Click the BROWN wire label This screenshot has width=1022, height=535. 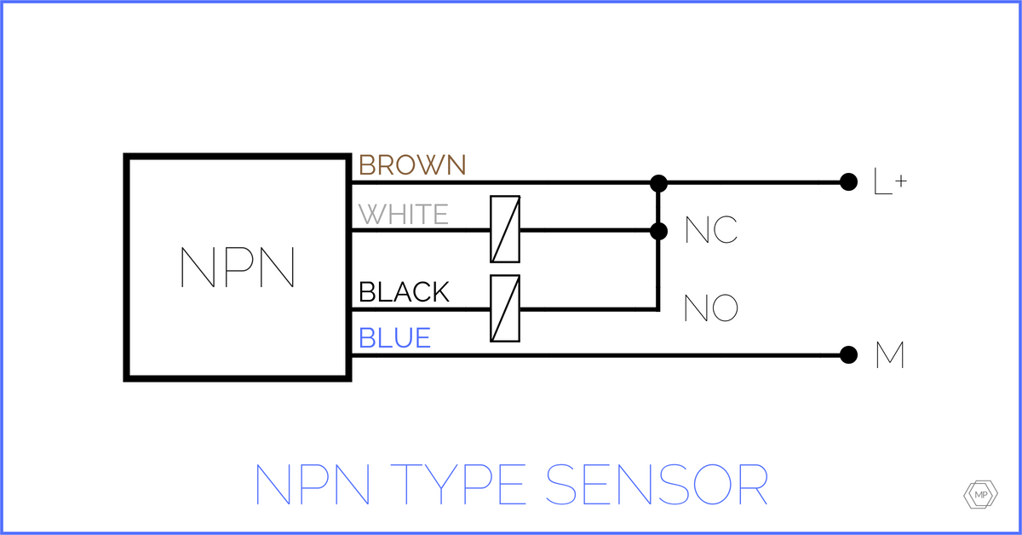[x=412, y=164]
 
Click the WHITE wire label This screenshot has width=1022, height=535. [x=404, y=214]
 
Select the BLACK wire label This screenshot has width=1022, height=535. [x=404, y=292]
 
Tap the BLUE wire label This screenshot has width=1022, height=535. [x=394, y=338]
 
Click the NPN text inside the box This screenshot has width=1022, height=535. [x=238, y=267]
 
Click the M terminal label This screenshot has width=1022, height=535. [x=890, y=355]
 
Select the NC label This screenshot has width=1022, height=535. [x=711, y=231]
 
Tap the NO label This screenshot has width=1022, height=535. [x=711, y=308]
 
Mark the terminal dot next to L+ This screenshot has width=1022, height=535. [x=847, y=181]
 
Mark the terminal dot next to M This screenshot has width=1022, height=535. [x=847, y=355]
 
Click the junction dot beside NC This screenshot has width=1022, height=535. [x=657, y=230]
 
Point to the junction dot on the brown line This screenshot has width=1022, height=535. [x=657, y=182]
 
